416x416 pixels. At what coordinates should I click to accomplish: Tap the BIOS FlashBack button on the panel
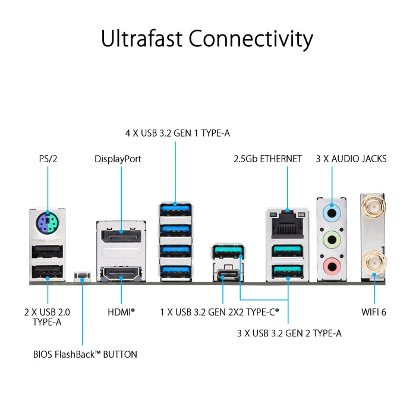[81, 276]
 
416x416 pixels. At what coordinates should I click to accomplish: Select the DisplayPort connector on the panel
[121, 236]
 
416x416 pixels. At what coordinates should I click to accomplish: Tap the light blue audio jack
[332, 211]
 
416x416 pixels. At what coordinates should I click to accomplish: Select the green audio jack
[332, 238]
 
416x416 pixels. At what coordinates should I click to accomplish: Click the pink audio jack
[332, 265]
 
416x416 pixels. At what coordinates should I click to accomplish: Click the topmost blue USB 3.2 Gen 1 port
[175, 210]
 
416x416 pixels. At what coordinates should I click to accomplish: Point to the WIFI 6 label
[374, 311]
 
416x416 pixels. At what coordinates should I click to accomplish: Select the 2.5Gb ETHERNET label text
[267, 159]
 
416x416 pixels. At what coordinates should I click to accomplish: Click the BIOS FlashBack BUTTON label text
[85, 354]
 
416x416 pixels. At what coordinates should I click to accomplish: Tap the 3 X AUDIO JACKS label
[352, 159]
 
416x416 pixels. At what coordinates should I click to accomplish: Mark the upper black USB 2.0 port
[46, 252]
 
